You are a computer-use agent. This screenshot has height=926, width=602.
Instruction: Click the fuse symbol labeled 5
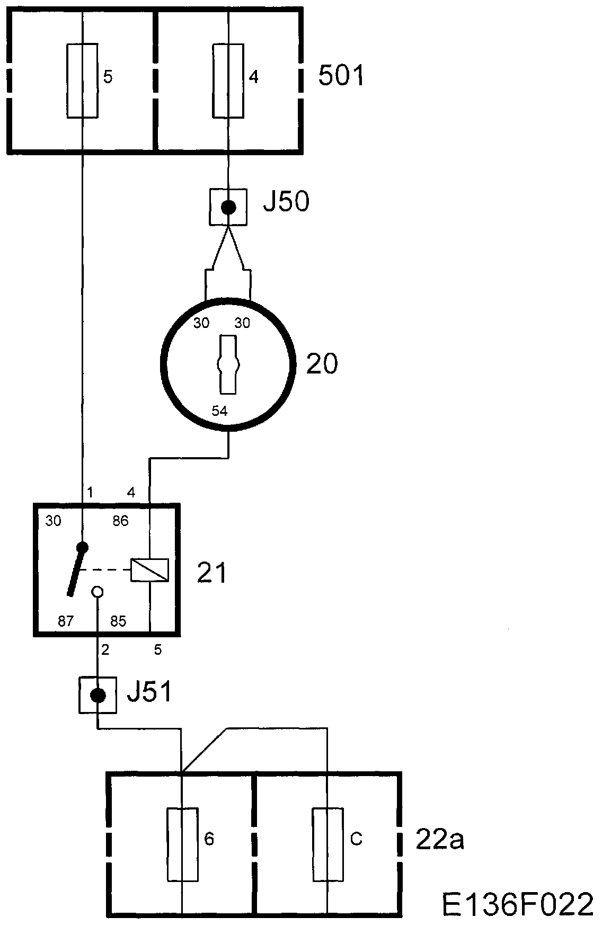point(83,81)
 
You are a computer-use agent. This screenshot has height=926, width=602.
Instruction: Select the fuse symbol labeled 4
point(228,81)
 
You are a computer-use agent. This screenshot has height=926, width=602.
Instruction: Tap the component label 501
point(341,76)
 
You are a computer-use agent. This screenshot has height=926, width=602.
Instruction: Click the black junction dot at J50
point(228,207)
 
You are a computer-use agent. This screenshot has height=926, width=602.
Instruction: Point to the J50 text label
point(286,202)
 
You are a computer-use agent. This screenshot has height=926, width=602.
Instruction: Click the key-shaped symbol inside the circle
point(228,364)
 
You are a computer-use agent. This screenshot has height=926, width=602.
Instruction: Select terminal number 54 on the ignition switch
point(219,411)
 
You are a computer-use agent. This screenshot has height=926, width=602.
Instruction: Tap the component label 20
point(322,364)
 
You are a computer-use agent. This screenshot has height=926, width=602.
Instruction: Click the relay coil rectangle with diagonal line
point(150,570)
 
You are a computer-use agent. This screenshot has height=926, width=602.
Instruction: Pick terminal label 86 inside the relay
point(120,521)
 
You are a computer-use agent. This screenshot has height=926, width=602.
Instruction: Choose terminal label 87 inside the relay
point(65,621)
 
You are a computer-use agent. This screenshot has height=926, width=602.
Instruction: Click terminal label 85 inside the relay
point(118,621)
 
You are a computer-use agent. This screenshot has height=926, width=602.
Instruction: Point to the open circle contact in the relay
point(98,592)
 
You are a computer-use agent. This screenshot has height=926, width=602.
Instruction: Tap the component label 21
point(211,573)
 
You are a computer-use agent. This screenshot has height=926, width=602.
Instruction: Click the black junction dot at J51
point(98,695)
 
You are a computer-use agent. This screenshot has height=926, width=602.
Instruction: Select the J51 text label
point(150,692)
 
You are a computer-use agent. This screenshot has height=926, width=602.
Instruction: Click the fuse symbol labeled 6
point(182,844)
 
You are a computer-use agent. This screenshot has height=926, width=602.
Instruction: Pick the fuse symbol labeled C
point(327,844)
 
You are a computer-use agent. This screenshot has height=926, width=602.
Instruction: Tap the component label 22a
point(440,841)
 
